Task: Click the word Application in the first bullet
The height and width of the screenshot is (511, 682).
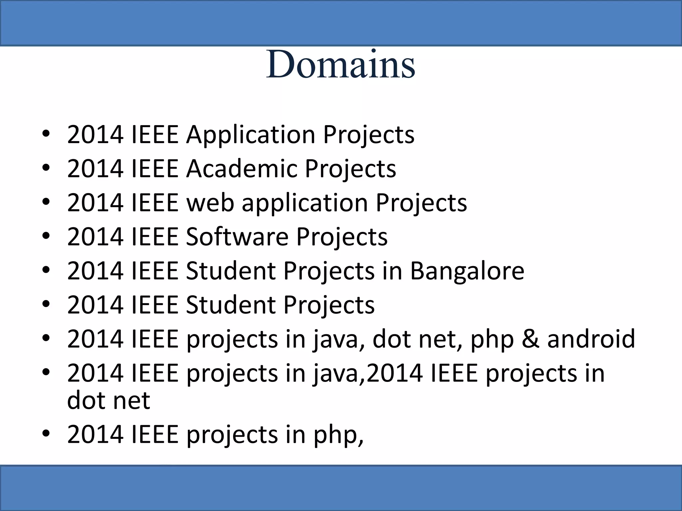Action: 250,135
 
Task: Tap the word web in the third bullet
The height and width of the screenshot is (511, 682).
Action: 210,203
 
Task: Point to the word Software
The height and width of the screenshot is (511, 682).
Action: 237,237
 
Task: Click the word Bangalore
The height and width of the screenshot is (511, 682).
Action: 467,271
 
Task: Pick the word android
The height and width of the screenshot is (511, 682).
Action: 591,339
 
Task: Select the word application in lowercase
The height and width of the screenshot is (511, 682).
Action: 305,203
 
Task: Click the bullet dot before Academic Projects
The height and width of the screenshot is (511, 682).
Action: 46,167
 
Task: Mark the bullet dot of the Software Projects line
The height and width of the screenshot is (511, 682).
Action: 46,236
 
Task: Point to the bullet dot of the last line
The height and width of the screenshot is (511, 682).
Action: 46,433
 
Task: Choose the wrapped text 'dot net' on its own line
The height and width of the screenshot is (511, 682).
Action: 109,400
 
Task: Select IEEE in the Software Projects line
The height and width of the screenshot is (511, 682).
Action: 155,237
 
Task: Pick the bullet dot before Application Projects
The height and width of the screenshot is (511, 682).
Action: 46,133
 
